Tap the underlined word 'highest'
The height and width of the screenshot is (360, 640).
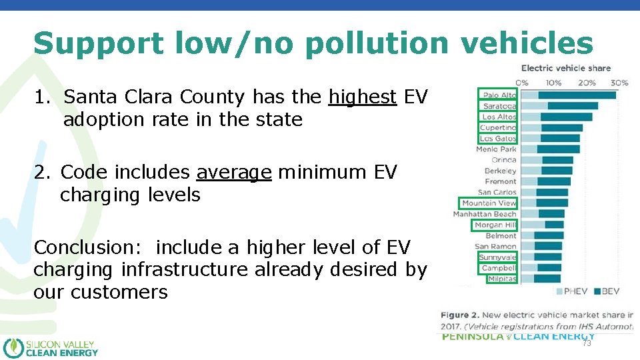tap(363, 97)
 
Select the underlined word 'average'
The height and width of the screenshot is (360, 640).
tap(234, 173)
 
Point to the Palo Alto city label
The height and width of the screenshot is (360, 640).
tap(499, 95)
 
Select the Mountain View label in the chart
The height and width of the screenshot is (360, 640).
tap(489, 203)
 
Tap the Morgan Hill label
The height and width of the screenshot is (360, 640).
tap(495, 225)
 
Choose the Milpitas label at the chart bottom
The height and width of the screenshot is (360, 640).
tap(501, 279)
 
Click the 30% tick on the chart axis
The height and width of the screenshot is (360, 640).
tap(619, 83)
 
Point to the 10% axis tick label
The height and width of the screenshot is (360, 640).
tap(553, 83)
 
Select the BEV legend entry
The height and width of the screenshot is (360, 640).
tap(610, 291)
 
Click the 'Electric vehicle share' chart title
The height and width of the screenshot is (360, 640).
tap(565, 68)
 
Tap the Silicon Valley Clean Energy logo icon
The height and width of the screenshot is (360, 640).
tap(13, 348)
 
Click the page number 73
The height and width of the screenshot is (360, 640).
tap(587, 343)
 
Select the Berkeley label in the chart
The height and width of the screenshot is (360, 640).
tap(500, 171)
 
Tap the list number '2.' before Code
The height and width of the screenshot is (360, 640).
tap(43, 173)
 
